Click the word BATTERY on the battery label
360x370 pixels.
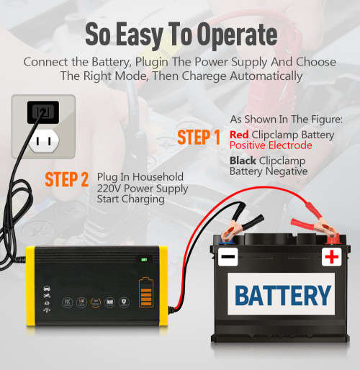282,295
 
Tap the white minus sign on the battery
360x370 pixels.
228,257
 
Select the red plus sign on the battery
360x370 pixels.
332,257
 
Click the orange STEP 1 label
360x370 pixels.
199,137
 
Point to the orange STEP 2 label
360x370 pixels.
66,179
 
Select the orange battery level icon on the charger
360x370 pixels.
146,295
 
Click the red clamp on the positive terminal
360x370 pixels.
317,227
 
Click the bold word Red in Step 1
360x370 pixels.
239,135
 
